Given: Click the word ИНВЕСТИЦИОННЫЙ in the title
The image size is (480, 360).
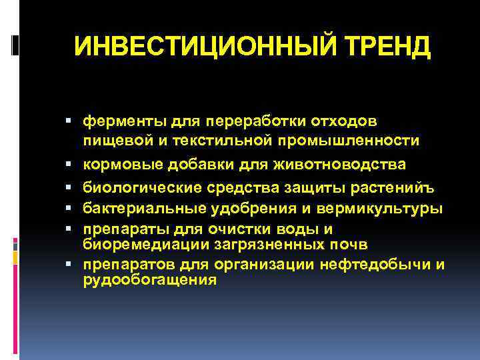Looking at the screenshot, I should [x=193, y=47].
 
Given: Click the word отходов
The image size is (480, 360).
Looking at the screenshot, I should [x=343, y=122].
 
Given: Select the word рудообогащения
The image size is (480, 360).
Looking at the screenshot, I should [x=150, y=279].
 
